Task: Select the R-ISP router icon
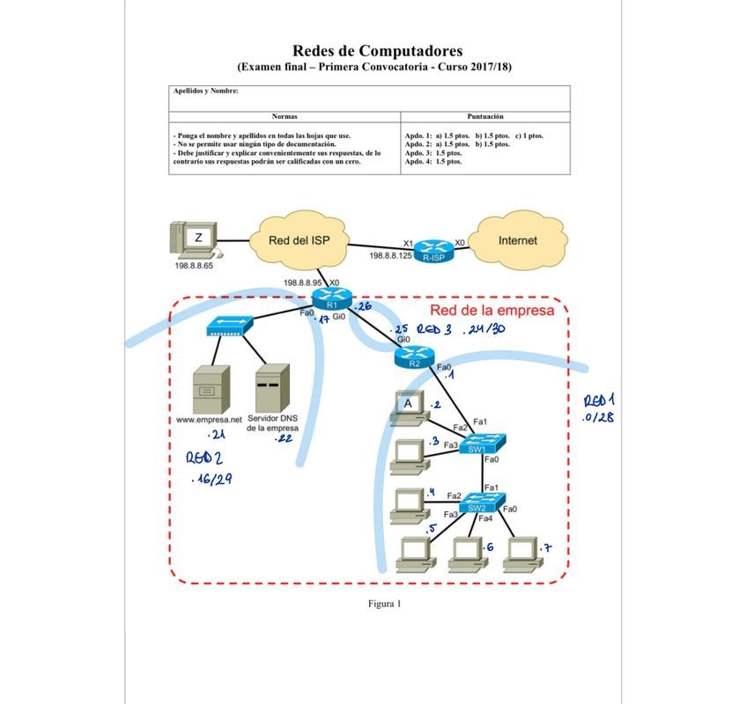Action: click(433, 251)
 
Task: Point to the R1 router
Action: click(331, 300)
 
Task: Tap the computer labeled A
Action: click(408, 407)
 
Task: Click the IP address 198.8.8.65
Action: click(194, 266)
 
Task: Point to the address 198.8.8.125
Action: click(390, 255)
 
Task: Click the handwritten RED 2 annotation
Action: click(203, 458)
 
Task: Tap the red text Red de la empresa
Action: click(492, 310)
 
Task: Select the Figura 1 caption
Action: click(384, 604)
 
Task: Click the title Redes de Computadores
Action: click(377, 51)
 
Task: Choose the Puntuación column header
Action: click(485, 116)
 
